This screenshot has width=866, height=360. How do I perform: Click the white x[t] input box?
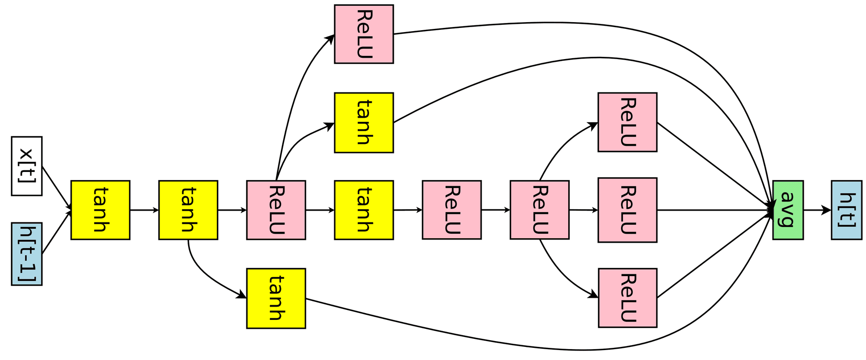[x=27, y=166]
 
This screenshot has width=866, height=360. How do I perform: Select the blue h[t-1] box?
[x=27, y=254]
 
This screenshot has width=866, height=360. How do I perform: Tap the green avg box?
[x=788, y=210]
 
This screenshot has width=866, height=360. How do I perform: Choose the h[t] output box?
[x=847, y=210]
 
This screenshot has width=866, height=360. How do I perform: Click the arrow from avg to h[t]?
[x=817, y=210]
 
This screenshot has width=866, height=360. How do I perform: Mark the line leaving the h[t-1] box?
[x=57, y=232]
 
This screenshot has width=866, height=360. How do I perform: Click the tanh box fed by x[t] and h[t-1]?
[x=100, y=210]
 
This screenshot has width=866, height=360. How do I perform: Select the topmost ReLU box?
[x=364, y=34]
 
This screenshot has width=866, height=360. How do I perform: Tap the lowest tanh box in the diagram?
[x=276, y=298]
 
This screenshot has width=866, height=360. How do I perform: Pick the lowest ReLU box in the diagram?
[x=627, y=298]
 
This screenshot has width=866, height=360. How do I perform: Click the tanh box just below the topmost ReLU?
[x=364, y=123]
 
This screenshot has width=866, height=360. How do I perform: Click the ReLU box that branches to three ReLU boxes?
[x=539, y=210]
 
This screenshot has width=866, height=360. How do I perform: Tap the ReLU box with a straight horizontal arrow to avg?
[x=627, y=210]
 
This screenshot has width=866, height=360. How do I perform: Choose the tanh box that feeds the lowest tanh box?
[x=188, y=210]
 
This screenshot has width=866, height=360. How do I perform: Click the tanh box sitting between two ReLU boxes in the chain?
[x=364, y=210]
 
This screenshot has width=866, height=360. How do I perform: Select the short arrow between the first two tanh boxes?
[x=144, y=210]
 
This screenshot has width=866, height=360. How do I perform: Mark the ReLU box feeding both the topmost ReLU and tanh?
[x=276, y=210]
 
